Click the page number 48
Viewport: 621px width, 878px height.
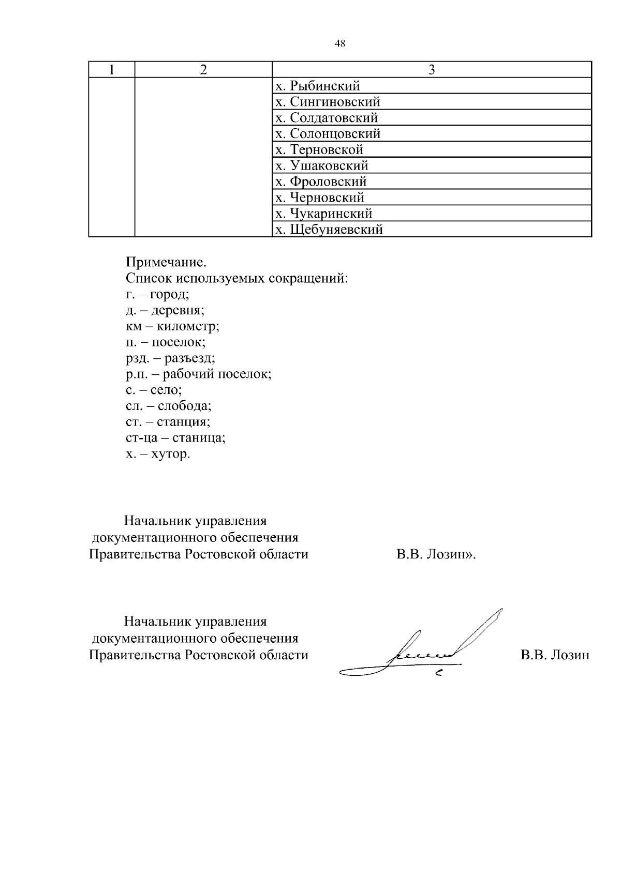point(340,44)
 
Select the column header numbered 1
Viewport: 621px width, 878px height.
point(111,70)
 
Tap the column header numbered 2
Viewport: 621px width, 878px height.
point(203,70)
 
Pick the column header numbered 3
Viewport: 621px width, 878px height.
point(432,70)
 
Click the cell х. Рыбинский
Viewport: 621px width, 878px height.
point(318,86)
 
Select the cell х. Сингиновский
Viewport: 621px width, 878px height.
point(328,102)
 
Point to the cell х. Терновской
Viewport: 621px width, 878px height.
point(319,150)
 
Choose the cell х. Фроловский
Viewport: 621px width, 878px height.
point(321,181)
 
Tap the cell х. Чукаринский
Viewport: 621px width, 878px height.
point(323,214)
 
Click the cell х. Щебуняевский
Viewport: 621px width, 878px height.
point(329,230)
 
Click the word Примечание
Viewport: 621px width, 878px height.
point(162,263)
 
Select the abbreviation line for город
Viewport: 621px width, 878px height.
point(157,295)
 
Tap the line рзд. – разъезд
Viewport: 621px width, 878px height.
point(170,358)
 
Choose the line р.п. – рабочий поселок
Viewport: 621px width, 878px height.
point(198,374)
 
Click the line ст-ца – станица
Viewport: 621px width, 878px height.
point(175,438)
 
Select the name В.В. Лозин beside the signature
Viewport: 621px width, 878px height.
point(555,655)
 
